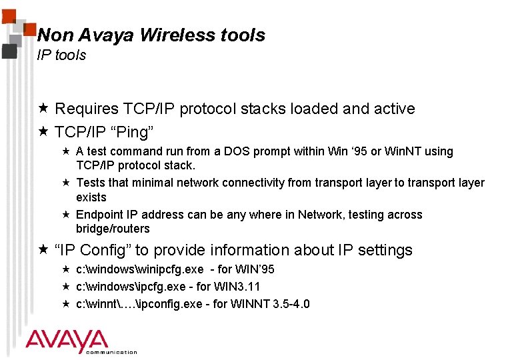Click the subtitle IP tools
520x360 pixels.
tap(61, 55)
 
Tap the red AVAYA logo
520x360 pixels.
tap(67, 341)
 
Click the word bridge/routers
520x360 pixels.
tap(113, 229)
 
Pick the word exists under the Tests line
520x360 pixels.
tap(91, 197)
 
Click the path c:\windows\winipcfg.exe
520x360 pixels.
tap(139, 269)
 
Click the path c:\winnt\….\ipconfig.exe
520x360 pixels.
tap(146, 304)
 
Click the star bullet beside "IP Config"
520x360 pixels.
tap(43, 250)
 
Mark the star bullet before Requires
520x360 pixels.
tap(43, 109)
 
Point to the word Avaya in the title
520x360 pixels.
tap(109, 35)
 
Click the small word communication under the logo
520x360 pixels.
tap(111, 352)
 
